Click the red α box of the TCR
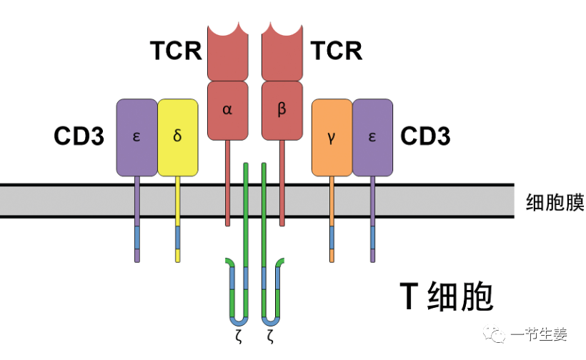(x=227, y=110)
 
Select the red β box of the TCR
(x=282, y=110)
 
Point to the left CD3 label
(x=79, y=136)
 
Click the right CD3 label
(x=425, y=136)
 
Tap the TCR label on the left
(x=176, y=51)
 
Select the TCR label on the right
(x=336, y=51)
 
